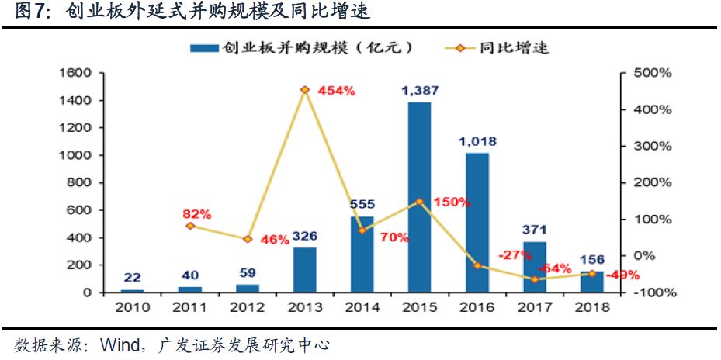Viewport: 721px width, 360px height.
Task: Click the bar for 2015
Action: click(x=419, y=197)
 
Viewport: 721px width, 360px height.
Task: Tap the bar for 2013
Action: click(x=305, y=269)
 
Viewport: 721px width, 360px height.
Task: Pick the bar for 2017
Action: click(x=534, y=267)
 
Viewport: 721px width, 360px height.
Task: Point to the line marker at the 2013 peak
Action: click(x=305, y=90)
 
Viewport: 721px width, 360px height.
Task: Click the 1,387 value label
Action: click(x=420, y=91)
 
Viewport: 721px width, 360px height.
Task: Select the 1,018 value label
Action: click(x=477, y=141)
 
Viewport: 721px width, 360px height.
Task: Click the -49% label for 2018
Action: click(x=623, y=274)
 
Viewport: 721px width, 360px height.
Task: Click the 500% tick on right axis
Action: click(x=653, y=73)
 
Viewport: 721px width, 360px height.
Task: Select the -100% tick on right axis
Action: click(x=653, y=292)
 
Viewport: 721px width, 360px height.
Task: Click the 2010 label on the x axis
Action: click(x=132, y=307)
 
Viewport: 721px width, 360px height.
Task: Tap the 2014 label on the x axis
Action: click(x=362, y=307)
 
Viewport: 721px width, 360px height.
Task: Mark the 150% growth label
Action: click(x=452, y=202)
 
